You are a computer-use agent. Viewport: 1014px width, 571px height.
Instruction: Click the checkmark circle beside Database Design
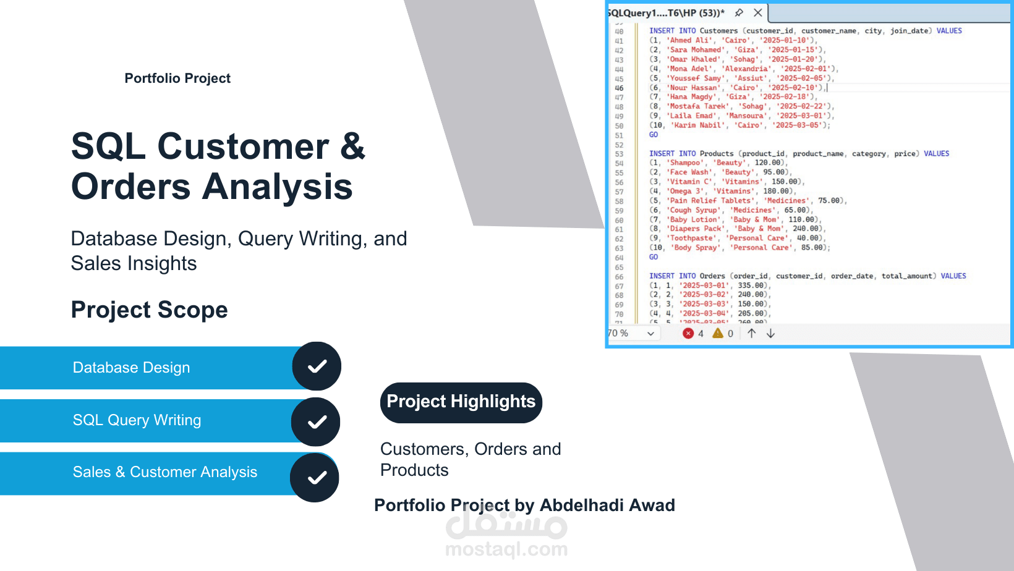(317, 366)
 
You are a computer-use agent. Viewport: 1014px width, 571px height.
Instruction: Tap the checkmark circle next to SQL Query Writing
(316, 421)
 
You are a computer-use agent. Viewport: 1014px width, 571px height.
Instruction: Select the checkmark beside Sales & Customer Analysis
(315, 477)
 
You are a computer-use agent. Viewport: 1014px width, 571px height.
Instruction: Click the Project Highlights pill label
(461, 402)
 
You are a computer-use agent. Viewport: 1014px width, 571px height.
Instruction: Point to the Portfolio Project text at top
(177, 78)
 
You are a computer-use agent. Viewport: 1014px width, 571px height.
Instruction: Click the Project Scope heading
(149, 310)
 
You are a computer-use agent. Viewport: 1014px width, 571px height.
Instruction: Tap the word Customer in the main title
(243, 147)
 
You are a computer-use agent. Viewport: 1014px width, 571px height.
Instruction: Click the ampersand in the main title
(352, 147)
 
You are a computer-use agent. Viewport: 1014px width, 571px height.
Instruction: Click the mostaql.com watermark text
(506, 549)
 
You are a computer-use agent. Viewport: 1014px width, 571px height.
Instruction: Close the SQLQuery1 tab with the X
(757, 13)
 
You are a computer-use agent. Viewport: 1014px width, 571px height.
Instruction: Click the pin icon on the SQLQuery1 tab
(739, 13)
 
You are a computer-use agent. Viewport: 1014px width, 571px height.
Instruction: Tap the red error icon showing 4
(688, 334)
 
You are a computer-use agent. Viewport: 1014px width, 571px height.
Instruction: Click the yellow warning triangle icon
(717, 334)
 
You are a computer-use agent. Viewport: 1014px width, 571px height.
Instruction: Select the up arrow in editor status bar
(751, 334)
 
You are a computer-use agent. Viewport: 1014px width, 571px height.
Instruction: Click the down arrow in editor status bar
(770, 334)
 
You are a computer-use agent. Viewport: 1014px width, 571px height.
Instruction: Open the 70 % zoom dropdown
(650, 334)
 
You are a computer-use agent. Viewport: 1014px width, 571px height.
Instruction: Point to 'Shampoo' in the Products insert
(685, 163)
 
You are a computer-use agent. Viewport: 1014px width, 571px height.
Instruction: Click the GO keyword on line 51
(654, 135)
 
